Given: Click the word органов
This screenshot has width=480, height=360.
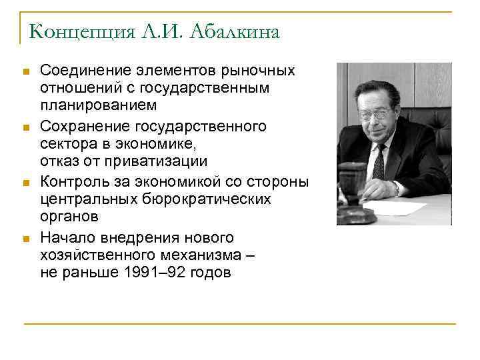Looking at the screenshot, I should coord(69,217).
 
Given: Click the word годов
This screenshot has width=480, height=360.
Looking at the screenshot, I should coord(210,273).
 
